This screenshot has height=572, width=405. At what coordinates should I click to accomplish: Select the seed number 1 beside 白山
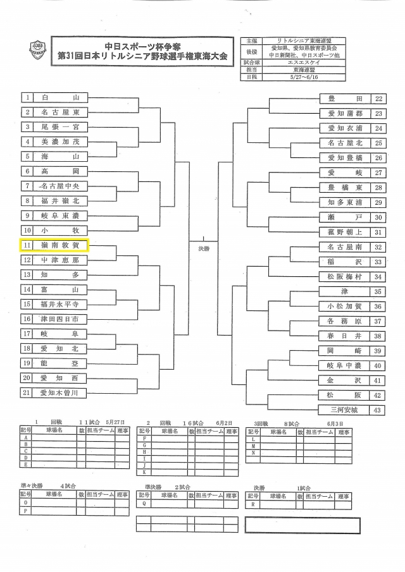[27, 98]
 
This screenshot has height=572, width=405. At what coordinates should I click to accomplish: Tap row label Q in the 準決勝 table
[145, 504]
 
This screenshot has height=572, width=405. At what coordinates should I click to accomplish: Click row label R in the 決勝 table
[253, 504]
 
